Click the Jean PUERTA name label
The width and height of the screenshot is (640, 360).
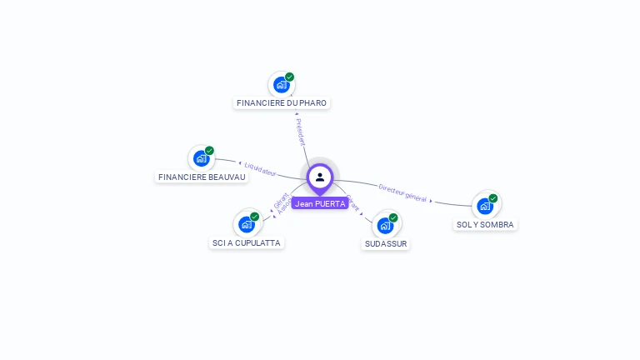pyautogui.click(x=320, y=203)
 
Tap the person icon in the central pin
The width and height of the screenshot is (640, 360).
pyautogui.click(x=320, y=177)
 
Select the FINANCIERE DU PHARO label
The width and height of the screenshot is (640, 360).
pyautogui.click(x=282, y=102)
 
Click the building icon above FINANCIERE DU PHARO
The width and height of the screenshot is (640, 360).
pyautogui.click(x=281, y=84)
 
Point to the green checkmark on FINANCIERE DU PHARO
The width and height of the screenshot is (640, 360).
pyautogui.click(x=289, y=77)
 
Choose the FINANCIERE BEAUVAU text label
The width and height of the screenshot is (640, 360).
pyautogui.click(x=202, y=177)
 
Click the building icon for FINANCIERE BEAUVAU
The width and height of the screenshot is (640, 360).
pyautogui.click(x=201, y=158)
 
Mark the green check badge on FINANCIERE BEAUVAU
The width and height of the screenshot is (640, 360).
pyautogui.click(x=209, y=151)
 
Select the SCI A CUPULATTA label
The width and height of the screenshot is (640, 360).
pyautogui.click(x=247, y=242)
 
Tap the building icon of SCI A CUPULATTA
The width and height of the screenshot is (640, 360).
pyautogui.click(x=246, y=224)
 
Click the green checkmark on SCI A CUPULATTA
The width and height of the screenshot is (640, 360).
pyautogui.click(x=254, y=217)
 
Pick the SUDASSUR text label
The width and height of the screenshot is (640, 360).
pyautogui.click(x=386, y=243)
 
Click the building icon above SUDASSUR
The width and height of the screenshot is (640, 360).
pyautogui.click(x=385, y=225)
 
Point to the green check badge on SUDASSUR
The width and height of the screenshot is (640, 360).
pyautogui.click(x=393, y=217)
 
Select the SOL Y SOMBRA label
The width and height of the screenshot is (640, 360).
pyautogui.click(x=486, y=224)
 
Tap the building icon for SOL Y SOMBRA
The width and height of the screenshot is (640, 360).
pyautogui.click(x=485, y=206)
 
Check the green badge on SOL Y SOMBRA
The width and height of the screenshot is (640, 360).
pyautogui.click(x=493, y=198)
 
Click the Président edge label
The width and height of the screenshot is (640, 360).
pyautogui.click(x=301, y=132)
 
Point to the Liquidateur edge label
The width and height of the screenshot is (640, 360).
pyautogui.click(x=260, y=169)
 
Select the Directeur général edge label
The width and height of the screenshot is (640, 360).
pyautogui.click(x=402, y=192)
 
